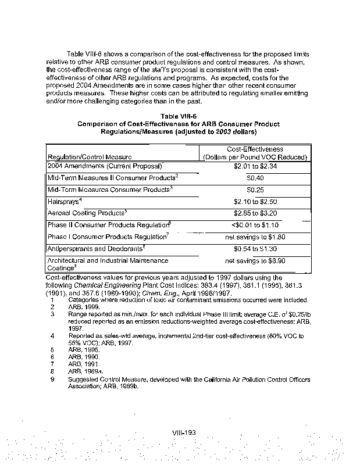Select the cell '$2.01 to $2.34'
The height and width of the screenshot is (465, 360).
point(255,166)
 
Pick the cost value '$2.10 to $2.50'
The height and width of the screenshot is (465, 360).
point(255,201)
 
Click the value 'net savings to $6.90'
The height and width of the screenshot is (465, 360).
point(255,261)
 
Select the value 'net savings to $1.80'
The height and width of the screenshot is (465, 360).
point(255,237)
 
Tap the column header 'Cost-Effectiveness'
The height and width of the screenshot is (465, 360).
point(255,149)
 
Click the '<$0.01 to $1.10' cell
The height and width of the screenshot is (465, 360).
point(255,225)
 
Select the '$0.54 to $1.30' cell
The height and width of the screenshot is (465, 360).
point(255,249)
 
